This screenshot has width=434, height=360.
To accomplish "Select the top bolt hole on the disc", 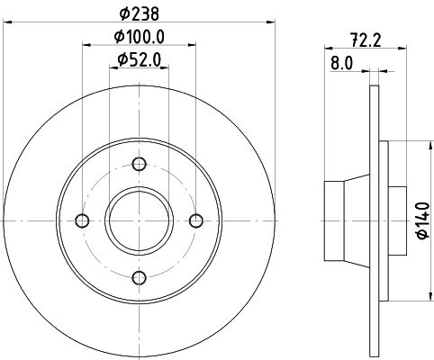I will [140, 163].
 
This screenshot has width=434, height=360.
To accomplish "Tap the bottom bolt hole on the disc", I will [140, 278].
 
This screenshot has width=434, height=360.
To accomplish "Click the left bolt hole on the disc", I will [83, 221].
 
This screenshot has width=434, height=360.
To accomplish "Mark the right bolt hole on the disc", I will [196, 221].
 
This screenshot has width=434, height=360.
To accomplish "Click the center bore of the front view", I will [140, 221].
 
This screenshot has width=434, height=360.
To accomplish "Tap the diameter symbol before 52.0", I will [122, 60].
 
